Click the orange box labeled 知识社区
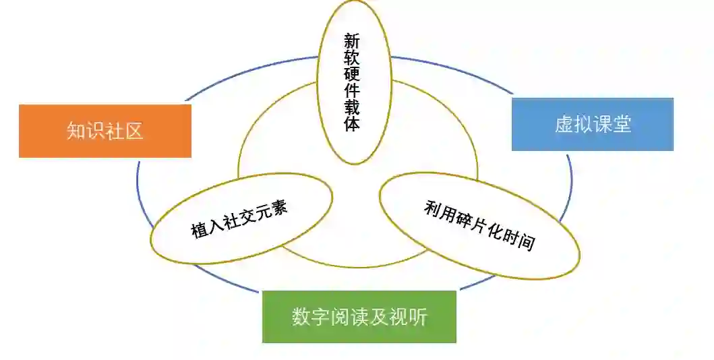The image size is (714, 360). tap(105, 131)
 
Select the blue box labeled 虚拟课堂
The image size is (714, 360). tap(592, 124)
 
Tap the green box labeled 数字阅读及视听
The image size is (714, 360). tap(359, 316)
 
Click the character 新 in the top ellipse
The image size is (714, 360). tap(351, 40)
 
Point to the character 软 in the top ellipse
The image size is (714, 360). tap(351, 57)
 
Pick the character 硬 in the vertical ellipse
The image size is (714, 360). tap(351, 74)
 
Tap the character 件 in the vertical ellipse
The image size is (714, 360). tap(351, 91)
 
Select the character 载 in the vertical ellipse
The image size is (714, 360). tap(351, 108)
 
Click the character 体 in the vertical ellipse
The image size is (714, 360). tap(351, 125)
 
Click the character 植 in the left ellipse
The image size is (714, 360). tap(200, 231)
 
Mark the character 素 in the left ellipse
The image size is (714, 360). tap(280, 206)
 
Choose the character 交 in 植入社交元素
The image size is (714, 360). tap(247, 216)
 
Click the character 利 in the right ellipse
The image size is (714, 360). tap(432, 208)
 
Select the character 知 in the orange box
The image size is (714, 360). tap(76, 131)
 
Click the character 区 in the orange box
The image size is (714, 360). tap(134, 131)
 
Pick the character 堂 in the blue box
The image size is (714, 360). tap(622, 124)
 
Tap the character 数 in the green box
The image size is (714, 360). tap(301, 316)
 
